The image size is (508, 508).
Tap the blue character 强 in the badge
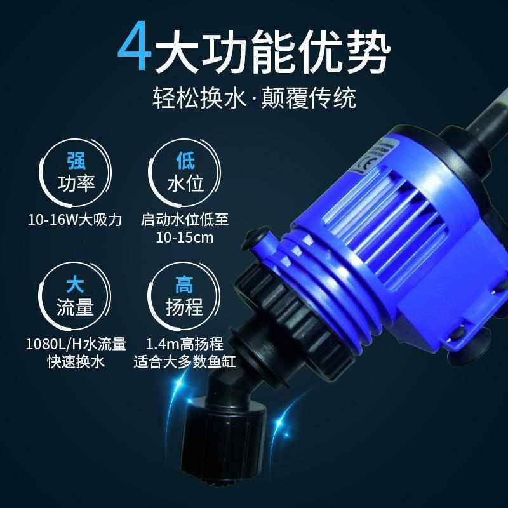[x=76, y=159]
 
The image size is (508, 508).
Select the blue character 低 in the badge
[x=184, y=159]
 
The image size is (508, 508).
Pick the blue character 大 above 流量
[x=76, y=282]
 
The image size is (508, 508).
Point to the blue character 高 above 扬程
[x=184, y=282]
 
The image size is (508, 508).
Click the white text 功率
[x=76, y=184]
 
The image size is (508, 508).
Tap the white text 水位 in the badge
[x=184, y=184]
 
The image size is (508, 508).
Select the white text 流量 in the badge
[x=76, y=308]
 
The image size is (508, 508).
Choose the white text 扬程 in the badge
[x=184, y=308]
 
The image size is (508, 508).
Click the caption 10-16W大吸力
[x=76, y=220]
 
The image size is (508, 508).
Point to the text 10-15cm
[x=185, y=237]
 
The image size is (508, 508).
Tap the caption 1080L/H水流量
[x=76, y=345]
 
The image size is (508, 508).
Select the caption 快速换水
[x=76, y=362]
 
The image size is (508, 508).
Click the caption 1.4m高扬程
[x=184, y=345]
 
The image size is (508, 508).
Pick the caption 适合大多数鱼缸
[x=184, y=362]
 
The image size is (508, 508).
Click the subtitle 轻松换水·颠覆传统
[x=253, y=98]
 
